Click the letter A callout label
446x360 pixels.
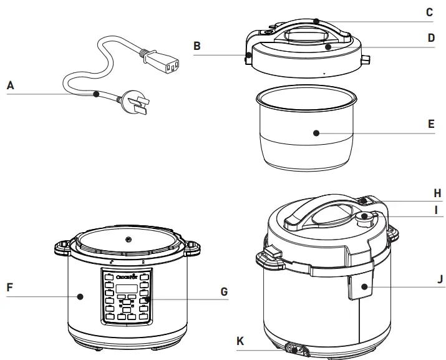point(11,86)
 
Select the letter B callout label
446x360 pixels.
point(196,46)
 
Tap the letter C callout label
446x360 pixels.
point(429,12)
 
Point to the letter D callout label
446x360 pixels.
point(431,37)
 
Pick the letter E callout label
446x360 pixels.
point(431,124)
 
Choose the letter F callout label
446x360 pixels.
point(11,288)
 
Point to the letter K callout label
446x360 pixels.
point(240,341)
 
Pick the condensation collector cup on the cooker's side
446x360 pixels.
point(361,288)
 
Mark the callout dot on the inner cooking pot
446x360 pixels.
point(316,132)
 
